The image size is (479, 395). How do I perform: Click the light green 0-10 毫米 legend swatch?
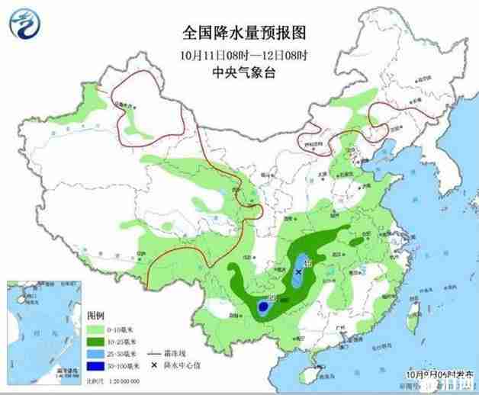coord(97,329)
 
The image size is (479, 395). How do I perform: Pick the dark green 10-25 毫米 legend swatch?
coord(97,342)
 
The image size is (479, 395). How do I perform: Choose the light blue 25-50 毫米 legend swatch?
coord(97,355)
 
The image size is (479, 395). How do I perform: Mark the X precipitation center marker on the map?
coord(298,271)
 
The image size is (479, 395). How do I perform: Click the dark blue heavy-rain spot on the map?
coord(262,307)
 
